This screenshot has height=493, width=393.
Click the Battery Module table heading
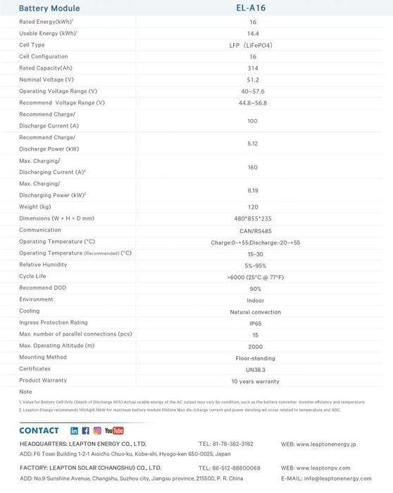[49, 8]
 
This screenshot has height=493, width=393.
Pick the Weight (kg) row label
[35, 207]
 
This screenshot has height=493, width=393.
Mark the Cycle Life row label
[32, 276]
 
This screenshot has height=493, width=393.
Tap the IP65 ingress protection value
[254, 323]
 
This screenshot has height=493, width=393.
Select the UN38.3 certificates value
[255, 369]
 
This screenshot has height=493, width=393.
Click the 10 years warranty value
[255, 381]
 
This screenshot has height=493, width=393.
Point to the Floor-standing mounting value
[254, 358]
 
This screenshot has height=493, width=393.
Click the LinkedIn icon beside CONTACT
[75, 430]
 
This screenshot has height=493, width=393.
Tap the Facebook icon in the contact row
[85, 430]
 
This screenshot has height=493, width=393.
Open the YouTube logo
[113, 430]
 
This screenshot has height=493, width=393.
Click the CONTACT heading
[39, 430]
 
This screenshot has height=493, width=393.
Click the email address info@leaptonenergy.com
[336, 478]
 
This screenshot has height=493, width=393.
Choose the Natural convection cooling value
[255, 312]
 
